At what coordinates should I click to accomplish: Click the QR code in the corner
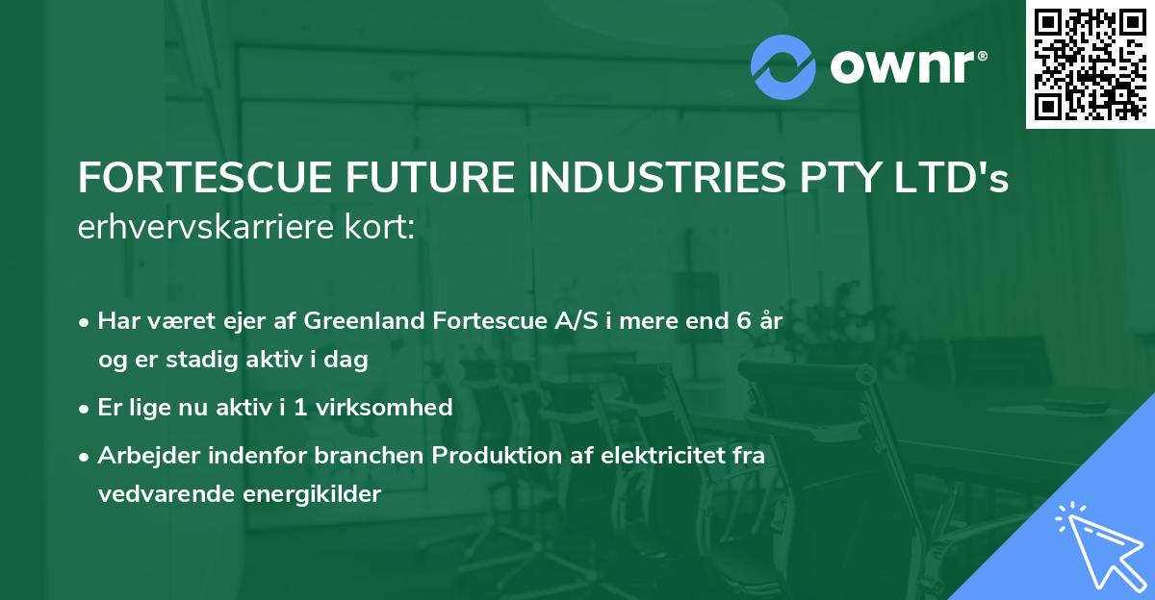point(1090,63)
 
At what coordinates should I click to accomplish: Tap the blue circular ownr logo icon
point(783,67)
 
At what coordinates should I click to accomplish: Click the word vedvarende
point(161,494)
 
